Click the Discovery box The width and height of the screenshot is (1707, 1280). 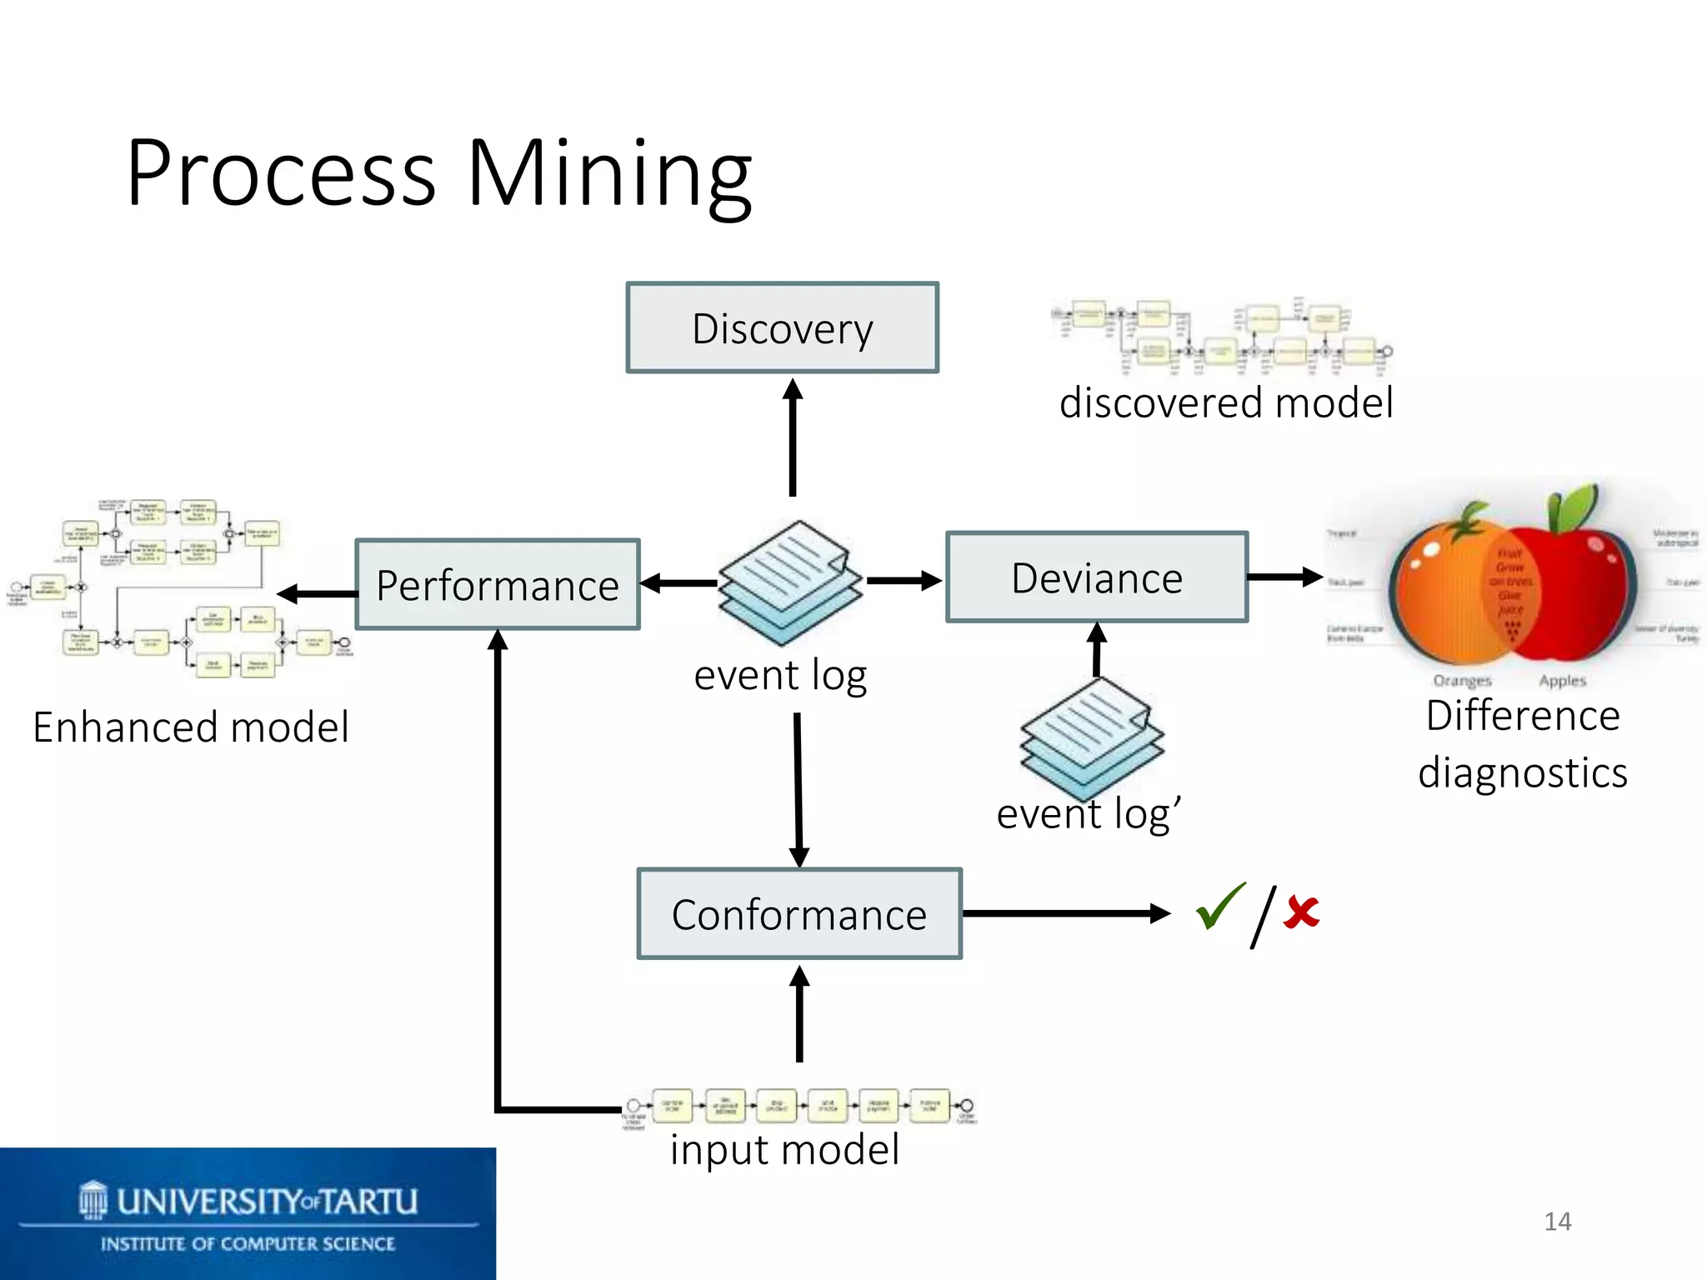(782, 327)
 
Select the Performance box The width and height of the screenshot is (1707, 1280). (498, 584)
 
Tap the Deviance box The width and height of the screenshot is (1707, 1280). (1097, 577)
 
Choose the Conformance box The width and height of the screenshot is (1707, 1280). (799, 914)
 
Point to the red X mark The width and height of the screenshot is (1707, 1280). (1301, 912)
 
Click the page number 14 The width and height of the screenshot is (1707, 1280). (1557, 1222)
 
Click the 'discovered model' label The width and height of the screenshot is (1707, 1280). (1225, 403)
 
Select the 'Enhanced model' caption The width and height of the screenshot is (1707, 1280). (191, 727)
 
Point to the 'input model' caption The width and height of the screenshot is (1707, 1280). (784, 1150)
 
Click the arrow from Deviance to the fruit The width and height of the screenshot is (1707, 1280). (1284, 576)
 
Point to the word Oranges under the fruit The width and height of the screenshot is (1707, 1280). (1462, 681)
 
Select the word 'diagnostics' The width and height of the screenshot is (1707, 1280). (1522, 772)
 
